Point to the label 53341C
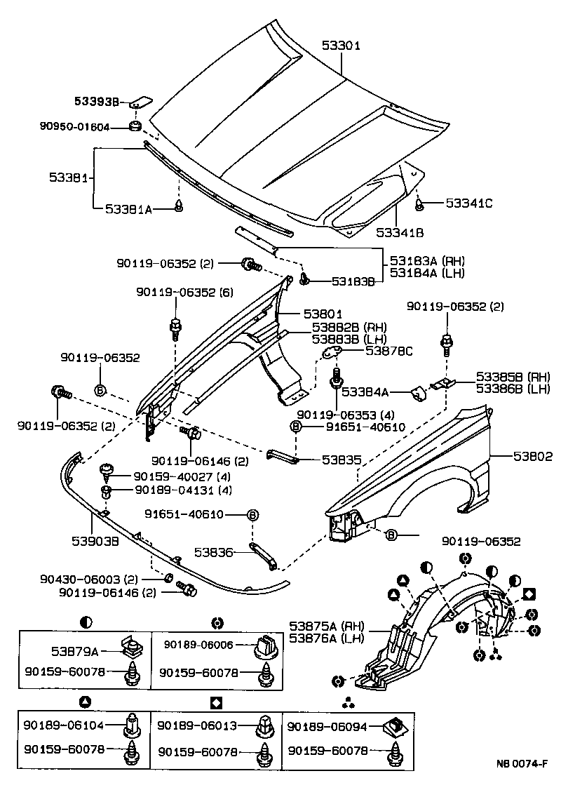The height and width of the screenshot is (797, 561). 469,203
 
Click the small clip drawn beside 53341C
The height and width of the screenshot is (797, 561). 420,204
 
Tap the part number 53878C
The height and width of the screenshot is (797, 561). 388,350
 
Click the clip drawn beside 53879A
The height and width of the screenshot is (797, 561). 130,644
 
